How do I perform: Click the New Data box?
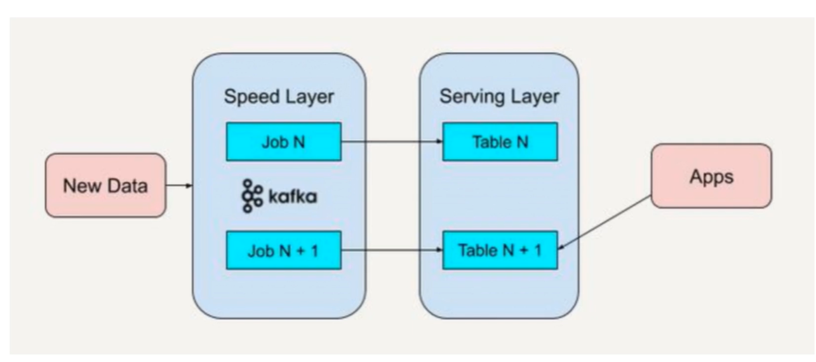(105, 185)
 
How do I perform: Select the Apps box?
(711, 177)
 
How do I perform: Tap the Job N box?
(283, 142)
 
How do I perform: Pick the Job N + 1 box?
(283, 250)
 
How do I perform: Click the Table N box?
(500, 142)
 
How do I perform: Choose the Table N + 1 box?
(500, 250)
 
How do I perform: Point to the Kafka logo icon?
(252, 196)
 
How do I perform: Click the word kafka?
(293, 197)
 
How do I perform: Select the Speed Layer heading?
(279, 97)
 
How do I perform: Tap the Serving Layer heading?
(499, 97)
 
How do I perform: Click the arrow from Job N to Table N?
(392, 141)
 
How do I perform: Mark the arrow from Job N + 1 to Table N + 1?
(392, 250)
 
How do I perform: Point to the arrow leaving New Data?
(179, 185)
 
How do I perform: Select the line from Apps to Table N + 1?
(605, 222)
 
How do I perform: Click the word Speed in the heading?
(251, 97)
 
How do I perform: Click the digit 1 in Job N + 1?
(314, 251)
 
